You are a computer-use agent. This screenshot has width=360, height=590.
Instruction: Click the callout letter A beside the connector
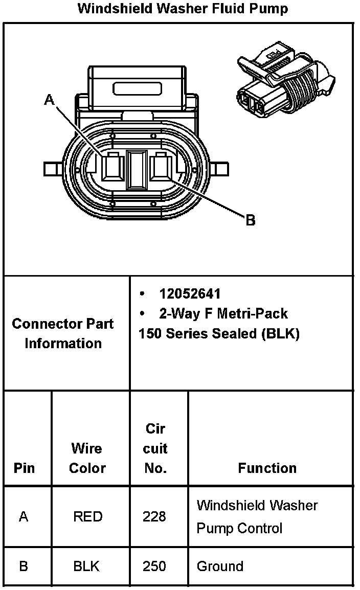coord(49,100)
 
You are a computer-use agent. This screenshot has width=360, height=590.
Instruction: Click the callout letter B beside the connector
coord(250,220)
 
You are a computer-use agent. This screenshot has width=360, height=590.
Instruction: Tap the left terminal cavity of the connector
coord(113,168)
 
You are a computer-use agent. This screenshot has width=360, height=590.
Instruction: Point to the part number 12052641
coord(190,294)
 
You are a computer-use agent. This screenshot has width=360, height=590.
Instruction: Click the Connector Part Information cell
coord(63,333)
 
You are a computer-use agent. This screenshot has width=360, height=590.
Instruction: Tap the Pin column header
coord(24,468)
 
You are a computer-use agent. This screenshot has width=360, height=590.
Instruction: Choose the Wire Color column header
coord(87,458)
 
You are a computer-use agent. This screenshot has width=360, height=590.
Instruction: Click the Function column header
coord(267,468)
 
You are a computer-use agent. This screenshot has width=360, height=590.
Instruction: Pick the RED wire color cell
coord(87,516)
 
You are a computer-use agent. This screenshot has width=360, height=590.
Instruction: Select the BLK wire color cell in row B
coord(86,566)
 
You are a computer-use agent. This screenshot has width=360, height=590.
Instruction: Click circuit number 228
coord(154,516)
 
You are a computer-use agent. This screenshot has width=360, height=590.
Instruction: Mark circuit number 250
coord(154,566)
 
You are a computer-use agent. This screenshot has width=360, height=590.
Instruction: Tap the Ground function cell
coord(220,566)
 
